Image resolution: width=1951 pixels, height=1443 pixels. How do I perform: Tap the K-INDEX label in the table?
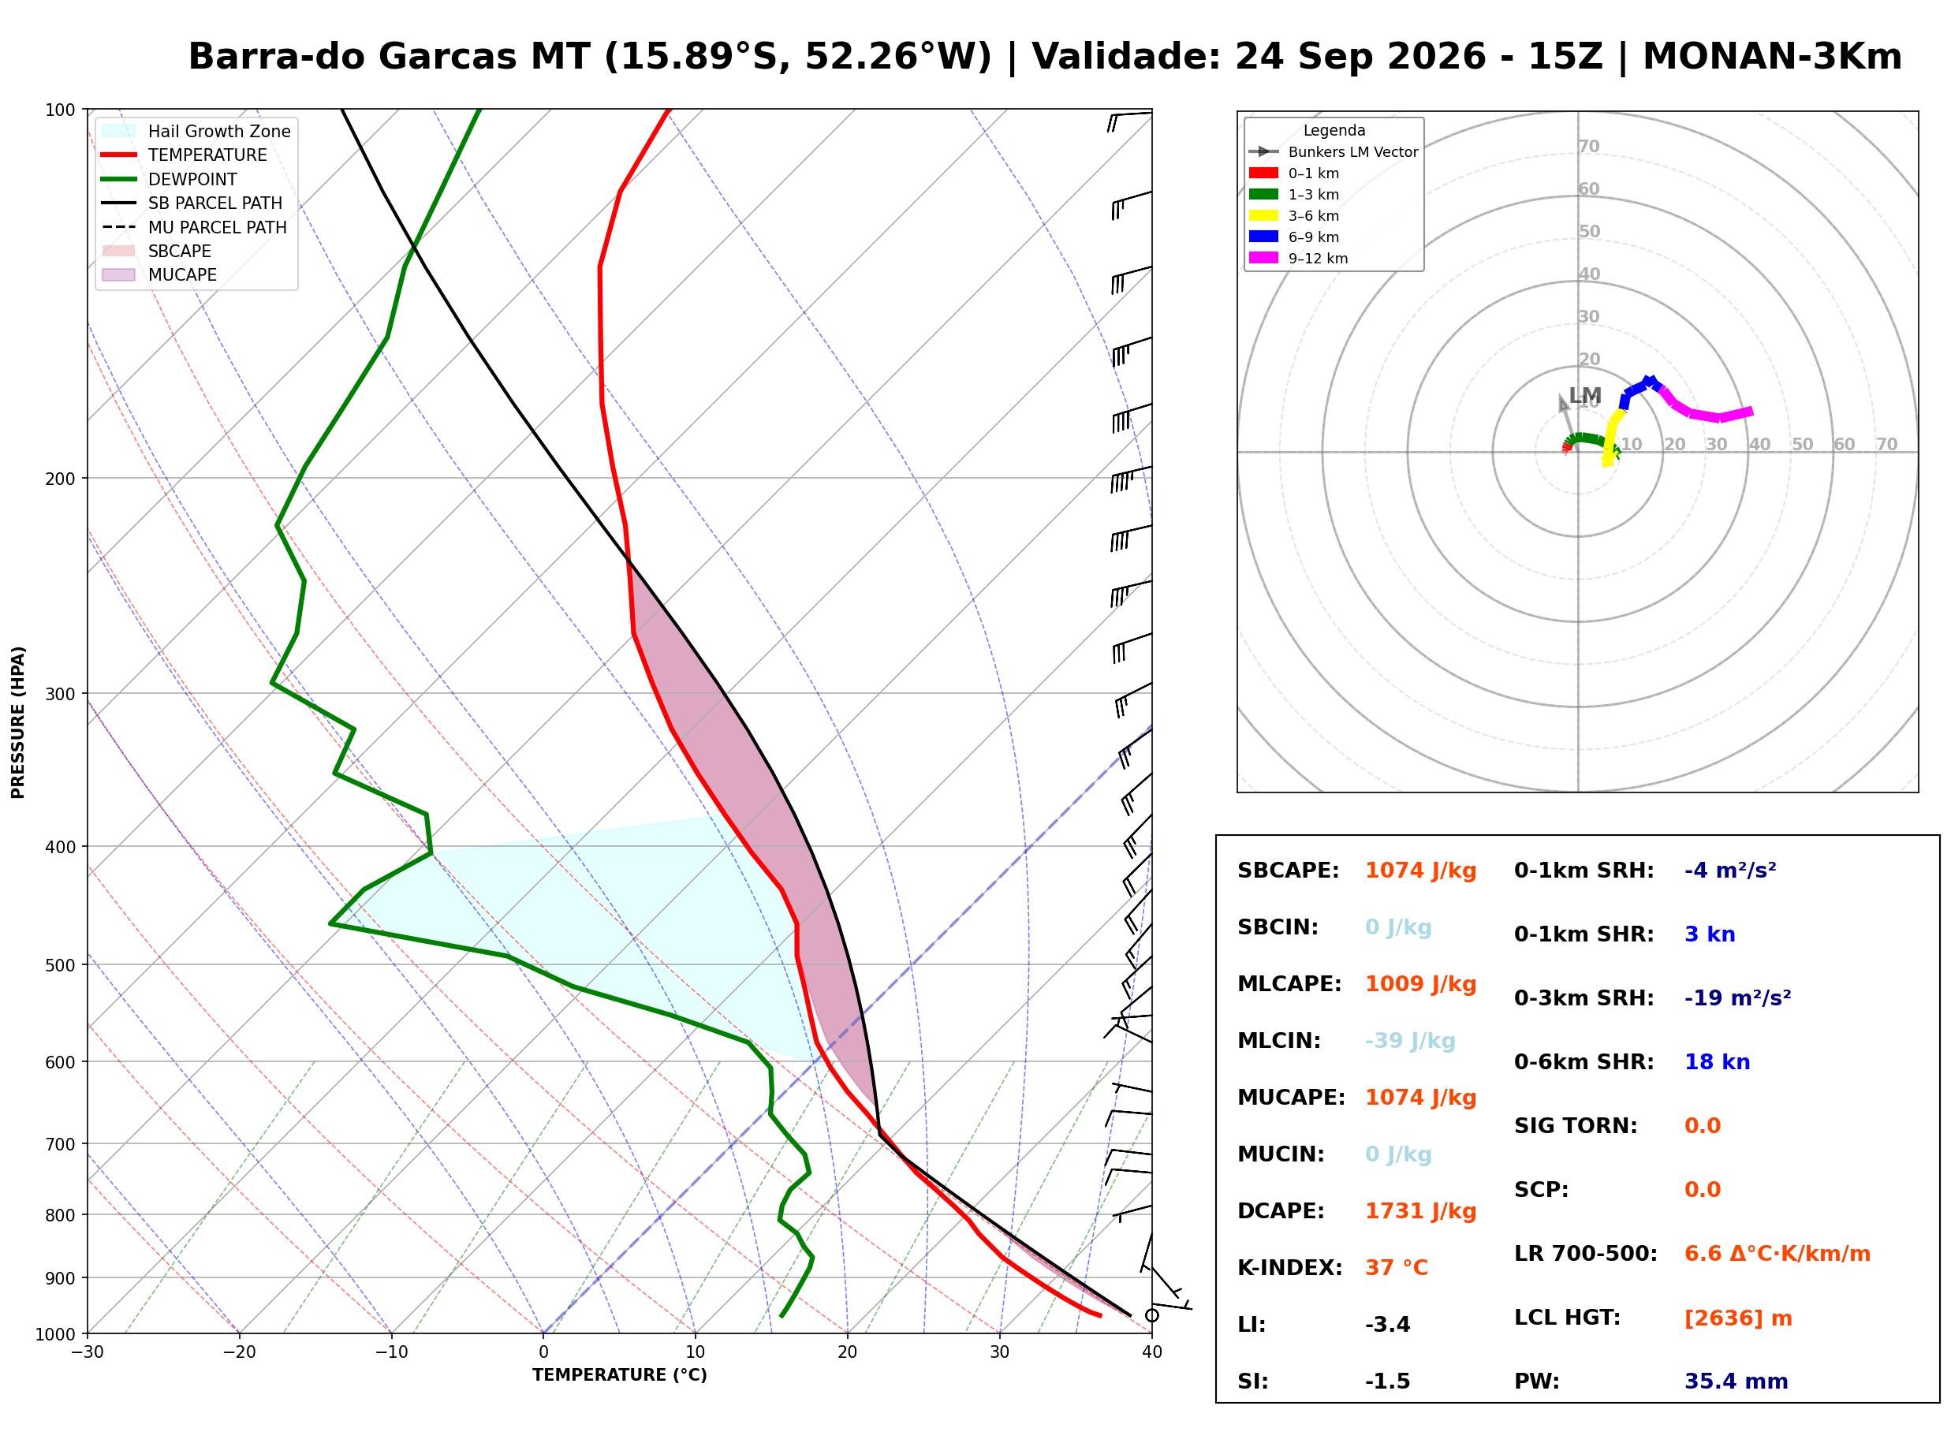pyautogui.click(x=1289, y=1268)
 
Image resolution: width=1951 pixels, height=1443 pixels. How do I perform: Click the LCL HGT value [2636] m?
pyautogui.click(x=1738, y=1318)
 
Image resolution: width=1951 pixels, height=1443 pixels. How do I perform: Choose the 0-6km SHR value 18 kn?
pyautogui.click(x=1717, y=1062)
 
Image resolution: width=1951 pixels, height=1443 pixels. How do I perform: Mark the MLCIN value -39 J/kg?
pyautogui.click(x=1409, y=1041)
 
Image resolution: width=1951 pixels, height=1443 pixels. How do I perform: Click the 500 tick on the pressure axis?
pyautogui.click(x=62, y=965)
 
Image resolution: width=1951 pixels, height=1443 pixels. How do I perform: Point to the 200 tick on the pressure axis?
pyautogui.click(x=62, y=479)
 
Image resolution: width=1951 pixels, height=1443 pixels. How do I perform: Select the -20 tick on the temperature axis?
pyautogui.click(x=238, y=1352)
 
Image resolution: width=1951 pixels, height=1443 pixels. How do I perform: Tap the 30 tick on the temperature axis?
pyautogui.click(x=999, y=1352)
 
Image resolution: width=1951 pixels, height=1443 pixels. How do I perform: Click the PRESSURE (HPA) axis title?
pyautogui.click(x=18, y=722)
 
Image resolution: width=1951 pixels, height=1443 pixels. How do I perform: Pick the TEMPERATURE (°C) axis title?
pyautogui.click(x=619, y=1375)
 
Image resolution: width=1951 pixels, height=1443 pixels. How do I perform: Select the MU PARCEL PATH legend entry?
pyautogui.click(x=194, y=227)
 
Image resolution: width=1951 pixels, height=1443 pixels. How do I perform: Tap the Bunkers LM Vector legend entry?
pyautogui.click(x=1333, y=152)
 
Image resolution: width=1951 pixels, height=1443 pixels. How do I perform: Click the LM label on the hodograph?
pyautogui.click(x=1585, y=396)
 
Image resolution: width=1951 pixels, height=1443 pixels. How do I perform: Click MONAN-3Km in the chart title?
pyautogui.click(x=1772, y=57)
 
